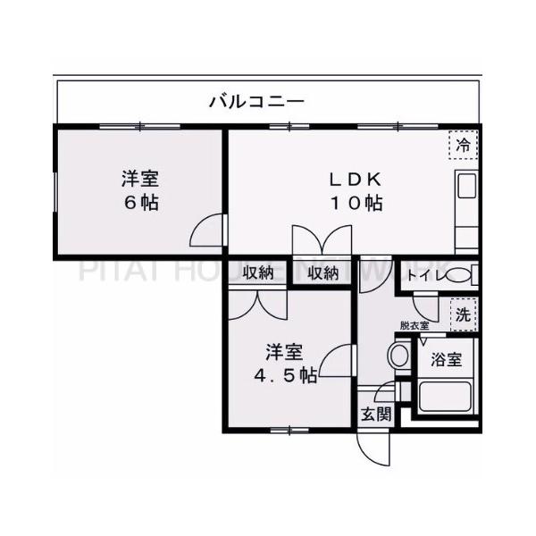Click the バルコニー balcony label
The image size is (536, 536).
[257, 100]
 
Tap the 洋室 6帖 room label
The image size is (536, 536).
[140, 190]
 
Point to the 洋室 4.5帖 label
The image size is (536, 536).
[283, 363]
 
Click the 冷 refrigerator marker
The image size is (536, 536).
[463, 144]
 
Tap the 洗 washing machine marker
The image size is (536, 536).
[463, 314]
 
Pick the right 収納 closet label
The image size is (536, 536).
[323, 272]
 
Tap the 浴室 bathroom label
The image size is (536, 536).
[446, 360]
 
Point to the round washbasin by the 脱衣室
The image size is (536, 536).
[398, 356]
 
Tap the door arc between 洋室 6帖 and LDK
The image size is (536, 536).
[206, 232]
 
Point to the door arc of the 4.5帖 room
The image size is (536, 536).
[333, 361]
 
